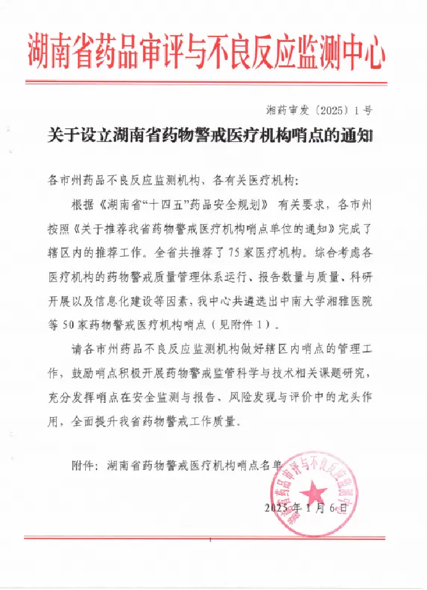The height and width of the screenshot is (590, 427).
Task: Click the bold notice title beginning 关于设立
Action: [210, 136]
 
